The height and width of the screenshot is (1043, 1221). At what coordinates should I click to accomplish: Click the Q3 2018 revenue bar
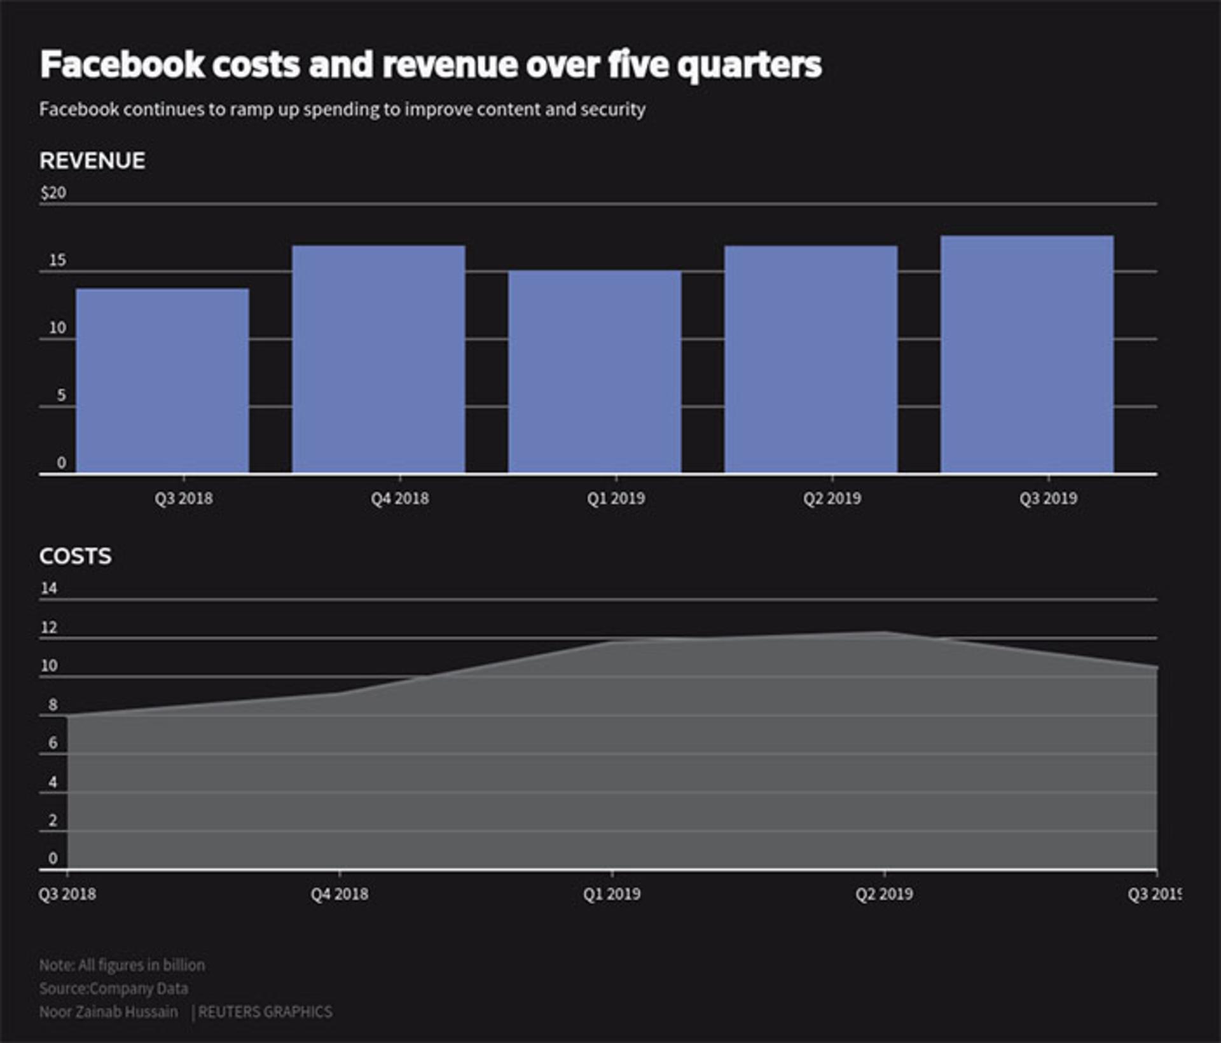pos(162,380)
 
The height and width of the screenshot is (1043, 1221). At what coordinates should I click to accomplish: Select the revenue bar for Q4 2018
pos(378,359)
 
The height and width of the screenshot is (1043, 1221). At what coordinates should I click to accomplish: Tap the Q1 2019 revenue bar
pos(595,371)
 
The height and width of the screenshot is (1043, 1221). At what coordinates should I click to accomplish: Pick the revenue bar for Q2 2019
pos(811,359)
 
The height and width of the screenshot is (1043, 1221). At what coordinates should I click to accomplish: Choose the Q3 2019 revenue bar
pos(1027,354)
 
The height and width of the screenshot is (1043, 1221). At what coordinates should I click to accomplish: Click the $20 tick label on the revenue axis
pos(53,193)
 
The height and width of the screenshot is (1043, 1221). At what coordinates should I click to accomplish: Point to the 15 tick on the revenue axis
pos(57,260)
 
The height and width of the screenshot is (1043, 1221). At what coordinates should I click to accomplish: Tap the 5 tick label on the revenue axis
pos(61,395)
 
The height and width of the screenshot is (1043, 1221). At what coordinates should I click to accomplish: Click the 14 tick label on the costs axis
pos(49,588)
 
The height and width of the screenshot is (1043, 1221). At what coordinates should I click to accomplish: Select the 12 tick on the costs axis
pos(49,628)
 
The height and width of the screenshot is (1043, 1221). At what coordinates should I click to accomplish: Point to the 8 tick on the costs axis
pos(53,705)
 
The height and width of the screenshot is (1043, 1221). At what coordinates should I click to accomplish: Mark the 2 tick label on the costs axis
pos(53,820)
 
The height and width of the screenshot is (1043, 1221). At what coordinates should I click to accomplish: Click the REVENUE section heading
pos(92,161)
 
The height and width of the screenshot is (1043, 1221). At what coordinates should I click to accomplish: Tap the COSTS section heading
pos(75,556)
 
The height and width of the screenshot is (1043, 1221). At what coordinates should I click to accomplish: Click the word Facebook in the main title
pos(123,64)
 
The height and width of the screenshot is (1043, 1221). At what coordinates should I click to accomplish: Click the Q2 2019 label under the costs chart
pos(884,894)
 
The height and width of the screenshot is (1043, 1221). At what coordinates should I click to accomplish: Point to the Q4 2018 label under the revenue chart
pos(400,498)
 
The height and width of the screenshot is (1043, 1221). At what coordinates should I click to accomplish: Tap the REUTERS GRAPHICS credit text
pos(265,1012)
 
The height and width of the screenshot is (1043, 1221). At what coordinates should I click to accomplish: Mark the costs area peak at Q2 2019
pos(884,632)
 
